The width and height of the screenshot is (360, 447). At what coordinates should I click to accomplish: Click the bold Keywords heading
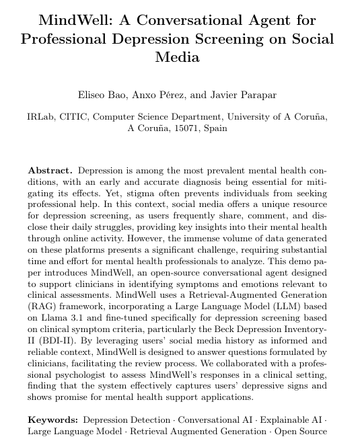tap(52, 419)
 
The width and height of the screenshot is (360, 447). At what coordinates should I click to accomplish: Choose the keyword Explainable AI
tap(291, 419)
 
